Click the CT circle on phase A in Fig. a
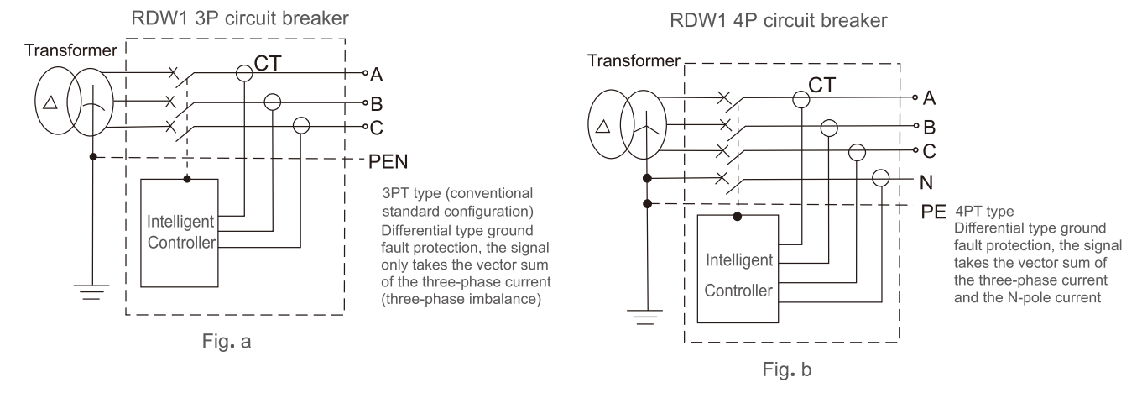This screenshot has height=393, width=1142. pos(244,74)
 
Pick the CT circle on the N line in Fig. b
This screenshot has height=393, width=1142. pos(881,178)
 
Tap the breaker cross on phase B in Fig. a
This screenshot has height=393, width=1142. pos(170,102)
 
